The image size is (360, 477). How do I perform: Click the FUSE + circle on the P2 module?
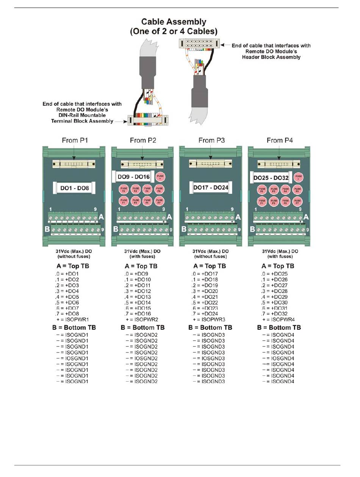click(x=160, y=177)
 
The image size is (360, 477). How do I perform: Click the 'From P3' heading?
click(x=211, y=140)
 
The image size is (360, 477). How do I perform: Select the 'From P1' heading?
click(x=75, y=140)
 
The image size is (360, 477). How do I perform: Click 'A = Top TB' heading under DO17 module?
click(x=210, y=266)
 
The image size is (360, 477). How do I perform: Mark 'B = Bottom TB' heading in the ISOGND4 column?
click(x=279, y=327)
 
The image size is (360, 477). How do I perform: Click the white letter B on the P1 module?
click(x=47, y=229)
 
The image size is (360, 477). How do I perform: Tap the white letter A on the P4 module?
click(x=306, y=217)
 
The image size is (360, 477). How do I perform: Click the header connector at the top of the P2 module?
click(x=142, y=164)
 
